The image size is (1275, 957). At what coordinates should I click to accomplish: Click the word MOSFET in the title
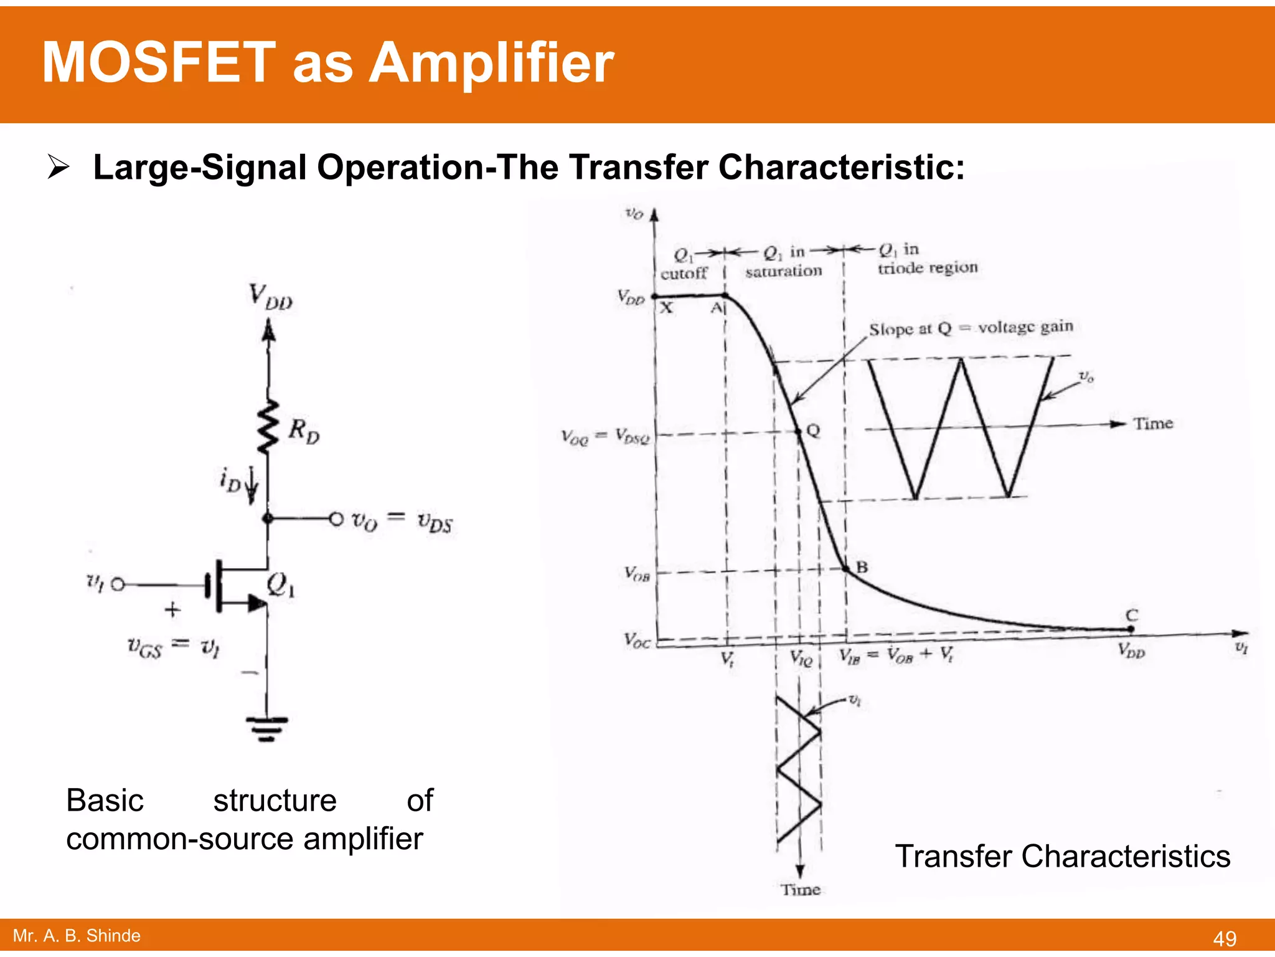click(159, 63)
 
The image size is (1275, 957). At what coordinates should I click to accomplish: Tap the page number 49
click(1224, 938)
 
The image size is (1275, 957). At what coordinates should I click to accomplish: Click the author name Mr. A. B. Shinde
click(77, 935)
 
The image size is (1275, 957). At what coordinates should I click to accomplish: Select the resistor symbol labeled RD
click(269, 427)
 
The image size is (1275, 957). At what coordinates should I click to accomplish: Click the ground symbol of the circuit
click(267, 728)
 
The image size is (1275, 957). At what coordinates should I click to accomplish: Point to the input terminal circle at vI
click(118, 584)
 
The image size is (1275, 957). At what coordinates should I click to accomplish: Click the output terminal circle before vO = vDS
click(336, 518)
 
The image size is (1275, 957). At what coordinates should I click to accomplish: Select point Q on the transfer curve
click(799, 431)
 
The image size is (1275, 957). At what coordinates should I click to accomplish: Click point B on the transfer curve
click(846, 568)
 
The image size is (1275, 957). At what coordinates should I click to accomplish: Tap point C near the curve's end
click(1131, 628)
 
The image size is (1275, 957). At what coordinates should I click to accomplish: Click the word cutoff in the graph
click(684, 274)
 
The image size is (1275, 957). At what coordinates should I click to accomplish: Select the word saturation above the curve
click(783, 271)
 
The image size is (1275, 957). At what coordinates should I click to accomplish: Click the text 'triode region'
click(928, 268)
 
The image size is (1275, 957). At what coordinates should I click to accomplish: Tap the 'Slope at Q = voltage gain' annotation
click(971, 328)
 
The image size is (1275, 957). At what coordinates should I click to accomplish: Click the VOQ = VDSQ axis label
click(605, 436)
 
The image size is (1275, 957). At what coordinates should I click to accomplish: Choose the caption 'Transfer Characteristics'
click(1062, 856)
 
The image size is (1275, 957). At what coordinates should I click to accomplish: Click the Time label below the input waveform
click(801, 889)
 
